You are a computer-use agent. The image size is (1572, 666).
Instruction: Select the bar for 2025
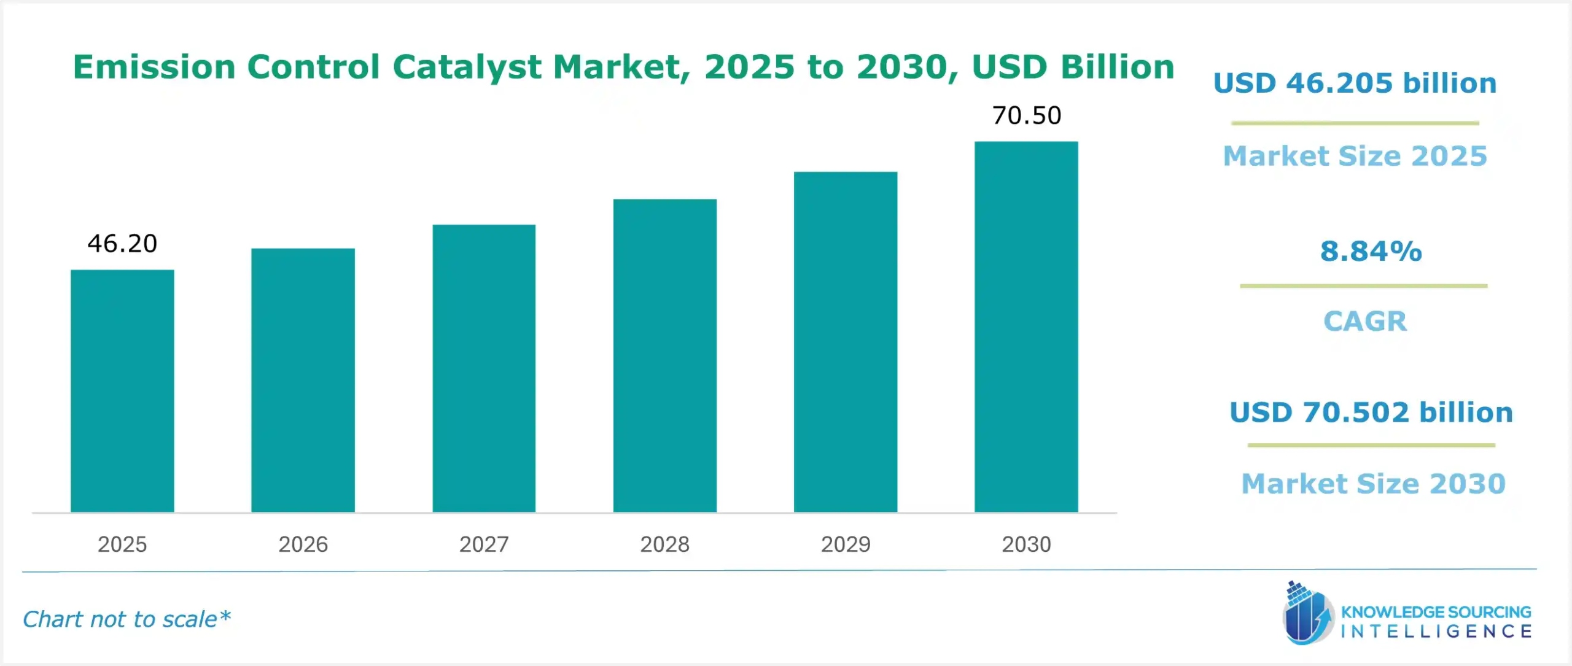(x=122, y=391)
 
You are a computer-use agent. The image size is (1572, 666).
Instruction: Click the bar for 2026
(x=303, y=380)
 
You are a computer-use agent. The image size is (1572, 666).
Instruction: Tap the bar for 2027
(x=484, y=368)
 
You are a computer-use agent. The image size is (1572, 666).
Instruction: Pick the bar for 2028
(x=664, y=355)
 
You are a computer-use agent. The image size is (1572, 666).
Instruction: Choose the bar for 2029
(x=845, y=342)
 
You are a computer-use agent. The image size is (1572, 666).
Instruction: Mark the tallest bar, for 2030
(x=1026, y=327)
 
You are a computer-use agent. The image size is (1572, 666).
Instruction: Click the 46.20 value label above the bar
(x=122, y=244)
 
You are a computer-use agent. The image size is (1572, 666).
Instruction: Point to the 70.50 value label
(x=1027, y=115)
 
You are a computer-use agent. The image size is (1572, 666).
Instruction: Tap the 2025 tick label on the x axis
(x=122, y=544)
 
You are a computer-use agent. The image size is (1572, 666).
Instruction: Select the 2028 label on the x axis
(x=664, y=544)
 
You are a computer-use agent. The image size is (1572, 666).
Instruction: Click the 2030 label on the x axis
(x=1026, y=544)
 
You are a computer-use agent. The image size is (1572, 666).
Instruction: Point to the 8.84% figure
(x=1371, y=251)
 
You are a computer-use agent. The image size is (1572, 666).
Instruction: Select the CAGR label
(x=1364, y=321)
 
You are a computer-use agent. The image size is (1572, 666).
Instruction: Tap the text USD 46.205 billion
(x=1355, y=83)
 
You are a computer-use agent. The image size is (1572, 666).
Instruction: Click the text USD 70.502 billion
(x=1371, y=412)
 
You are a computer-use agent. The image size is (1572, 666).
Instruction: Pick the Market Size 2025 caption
(x=1355, y=156)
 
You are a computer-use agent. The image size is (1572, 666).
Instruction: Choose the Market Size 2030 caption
(x=1373, y=484)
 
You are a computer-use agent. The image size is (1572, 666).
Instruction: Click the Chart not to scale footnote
(x=126, y=619)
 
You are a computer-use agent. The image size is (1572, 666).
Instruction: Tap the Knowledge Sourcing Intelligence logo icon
(x=1307, y=614)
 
